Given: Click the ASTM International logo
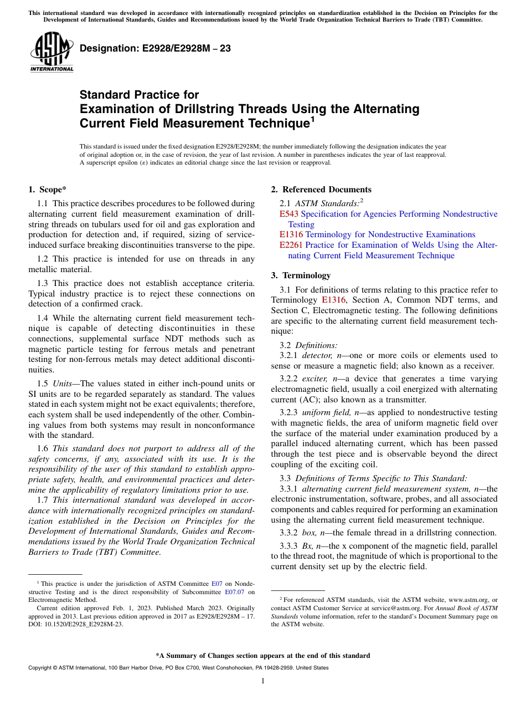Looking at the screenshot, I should pos(51,53).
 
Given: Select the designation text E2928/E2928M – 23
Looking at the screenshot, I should pos(155,49).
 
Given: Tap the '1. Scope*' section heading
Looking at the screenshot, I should pos(48,190).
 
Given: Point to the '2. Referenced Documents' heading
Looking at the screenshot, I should pos(321,190).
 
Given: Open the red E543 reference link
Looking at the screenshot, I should pos(288,214).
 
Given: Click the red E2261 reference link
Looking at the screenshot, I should pos(291,245).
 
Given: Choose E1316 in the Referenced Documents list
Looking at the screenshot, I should pos(291,234).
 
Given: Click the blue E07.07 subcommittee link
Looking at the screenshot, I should pos(233,592).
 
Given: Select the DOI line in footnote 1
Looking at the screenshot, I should pos(76,624).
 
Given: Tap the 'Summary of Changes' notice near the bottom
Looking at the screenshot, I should pos(263,656).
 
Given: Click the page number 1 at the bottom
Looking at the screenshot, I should pos(263,681).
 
